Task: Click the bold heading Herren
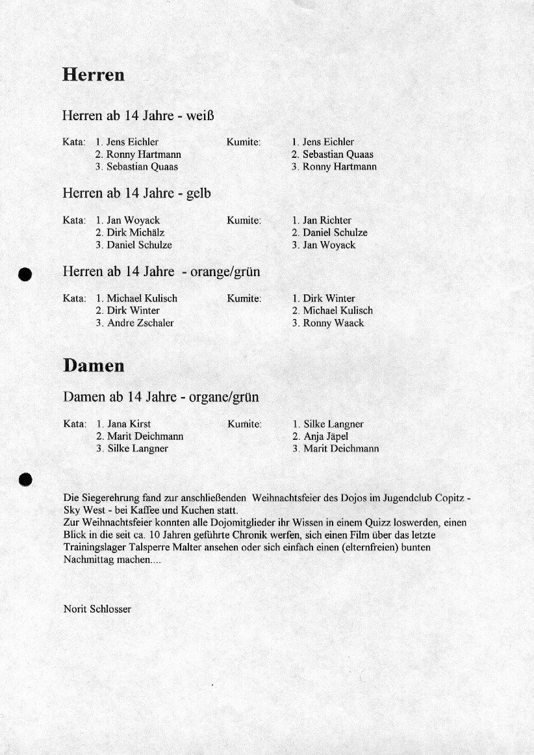94,75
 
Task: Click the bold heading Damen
94,366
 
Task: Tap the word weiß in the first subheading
200,116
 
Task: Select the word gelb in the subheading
198,194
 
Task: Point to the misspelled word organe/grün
223,397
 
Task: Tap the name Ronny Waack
333,323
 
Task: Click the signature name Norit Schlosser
97,609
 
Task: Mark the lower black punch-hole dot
25,479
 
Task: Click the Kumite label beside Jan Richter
244,220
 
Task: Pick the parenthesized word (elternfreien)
368,548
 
